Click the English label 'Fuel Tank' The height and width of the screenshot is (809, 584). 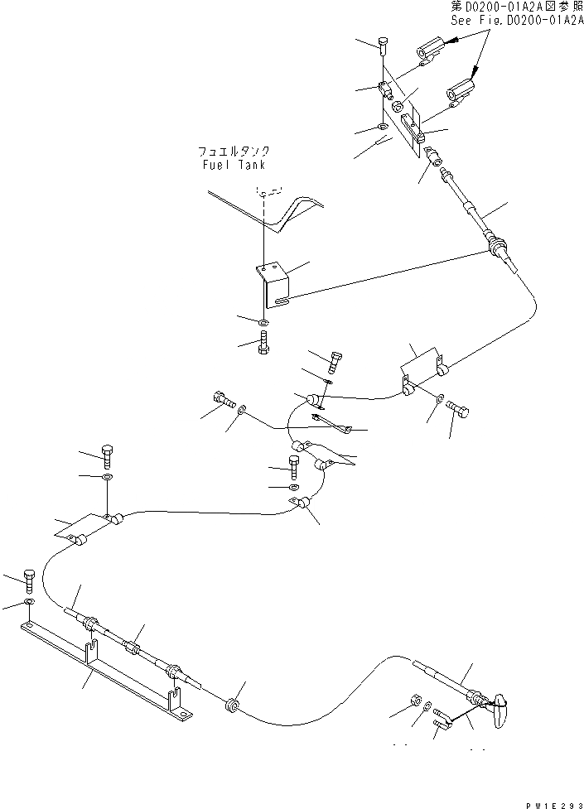[x=234, y=165]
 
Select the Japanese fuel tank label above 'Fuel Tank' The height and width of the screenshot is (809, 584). [x=234, y=152]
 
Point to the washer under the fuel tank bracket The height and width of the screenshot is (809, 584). [x=263, y=322]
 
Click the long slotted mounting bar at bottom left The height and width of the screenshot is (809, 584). [x=108, y=674]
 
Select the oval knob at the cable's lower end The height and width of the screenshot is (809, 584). [x=500, y=711]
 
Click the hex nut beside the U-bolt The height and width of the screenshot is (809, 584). [x=415, y=704]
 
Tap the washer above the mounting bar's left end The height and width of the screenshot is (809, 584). [x=31, y=602]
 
